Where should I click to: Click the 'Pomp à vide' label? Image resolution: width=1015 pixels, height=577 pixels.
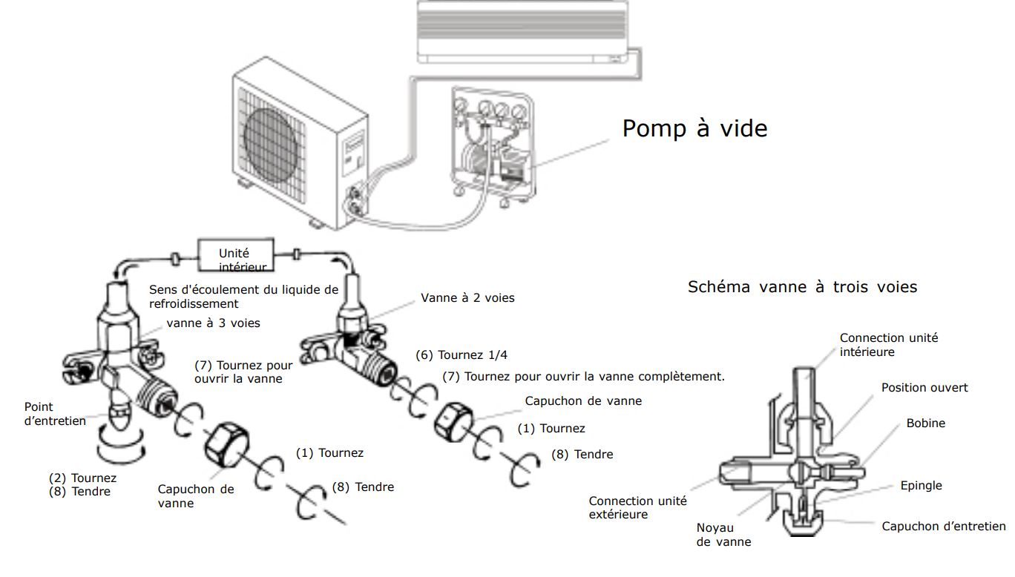[694, 128]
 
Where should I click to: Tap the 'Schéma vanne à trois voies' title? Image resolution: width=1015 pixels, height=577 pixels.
[802, 287]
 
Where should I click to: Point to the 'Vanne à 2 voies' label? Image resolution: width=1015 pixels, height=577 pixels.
[467, 298]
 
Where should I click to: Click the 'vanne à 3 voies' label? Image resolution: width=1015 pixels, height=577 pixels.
[213, 323]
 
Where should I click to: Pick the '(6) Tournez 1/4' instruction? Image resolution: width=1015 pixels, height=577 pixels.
[473, 355]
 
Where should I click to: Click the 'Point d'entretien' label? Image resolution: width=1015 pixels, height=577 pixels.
[55, 414]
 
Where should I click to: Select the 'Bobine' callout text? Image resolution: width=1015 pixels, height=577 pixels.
[925, 423]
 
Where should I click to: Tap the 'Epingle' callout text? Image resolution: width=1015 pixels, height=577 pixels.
[921, 486]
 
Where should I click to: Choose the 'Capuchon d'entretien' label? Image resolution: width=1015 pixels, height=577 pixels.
[943, 527]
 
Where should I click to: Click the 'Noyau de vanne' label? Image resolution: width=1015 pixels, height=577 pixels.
[723, 535]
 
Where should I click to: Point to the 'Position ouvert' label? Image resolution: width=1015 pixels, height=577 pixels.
[924, 388]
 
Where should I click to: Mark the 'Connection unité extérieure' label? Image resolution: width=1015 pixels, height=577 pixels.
[638, 508]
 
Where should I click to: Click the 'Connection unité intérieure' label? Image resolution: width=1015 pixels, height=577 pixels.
[888, 345]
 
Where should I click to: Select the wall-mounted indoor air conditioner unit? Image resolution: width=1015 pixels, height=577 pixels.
[519, 31]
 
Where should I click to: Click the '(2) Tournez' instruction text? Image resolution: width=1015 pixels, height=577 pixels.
[82, 478]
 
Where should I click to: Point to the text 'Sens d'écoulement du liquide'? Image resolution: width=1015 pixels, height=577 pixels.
[243, 290]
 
